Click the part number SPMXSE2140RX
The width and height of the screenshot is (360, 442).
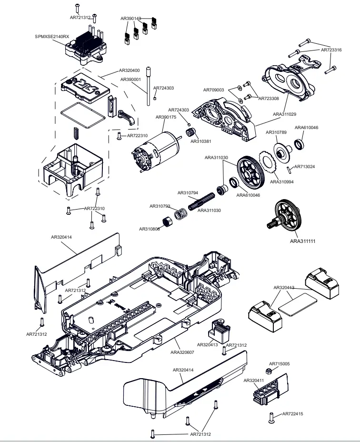[x=52, y=36]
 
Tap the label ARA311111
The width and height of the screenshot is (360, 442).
[x=303, y=241]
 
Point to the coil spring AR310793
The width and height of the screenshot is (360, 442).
[x=180, y=214]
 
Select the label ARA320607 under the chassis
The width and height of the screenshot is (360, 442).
[x=182, y=352]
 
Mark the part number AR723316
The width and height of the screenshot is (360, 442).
[x=331, y=50]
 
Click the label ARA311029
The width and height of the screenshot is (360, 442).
[x=285, y=114]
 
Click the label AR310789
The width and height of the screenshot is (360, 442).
[x=276, y=132]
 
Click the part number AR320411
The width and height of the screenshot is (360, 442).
[x=254, y=381]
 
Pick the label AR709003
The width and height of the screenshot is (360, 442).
[x=214, y=90]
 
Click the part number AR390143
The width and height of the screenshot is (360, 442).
[x=130, y=19]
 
